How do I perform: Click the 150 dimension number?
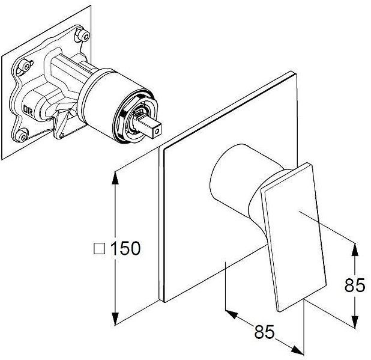(125, 248)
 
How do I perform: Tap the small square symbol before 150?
(99, 248)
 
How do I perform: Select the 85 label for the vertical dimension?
(355, 285)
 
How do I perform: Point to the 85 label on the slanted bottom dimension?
(265, 331)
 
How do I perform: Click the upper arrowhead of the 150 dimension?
(115, 178)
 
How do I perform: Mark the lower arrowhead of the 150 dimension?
(115, 319)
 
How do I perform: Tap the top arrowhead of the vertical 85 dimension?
(354, 249)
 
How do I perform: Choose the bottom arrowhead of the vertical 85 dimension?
(354, 322)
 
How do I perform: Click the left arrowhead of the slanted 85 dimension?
(231, 314)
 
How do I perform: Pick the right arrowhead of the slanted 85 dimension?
(297, 350)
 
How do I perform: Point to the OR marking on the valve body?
(28, 111)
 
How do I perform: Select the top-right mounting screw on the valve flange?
(82, 35)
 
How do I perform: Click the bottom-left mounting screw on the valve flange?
(22, 136)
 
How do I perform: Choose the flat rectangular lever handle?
(294, 236)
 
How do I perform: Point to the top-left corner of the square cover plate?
(160, 147)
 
